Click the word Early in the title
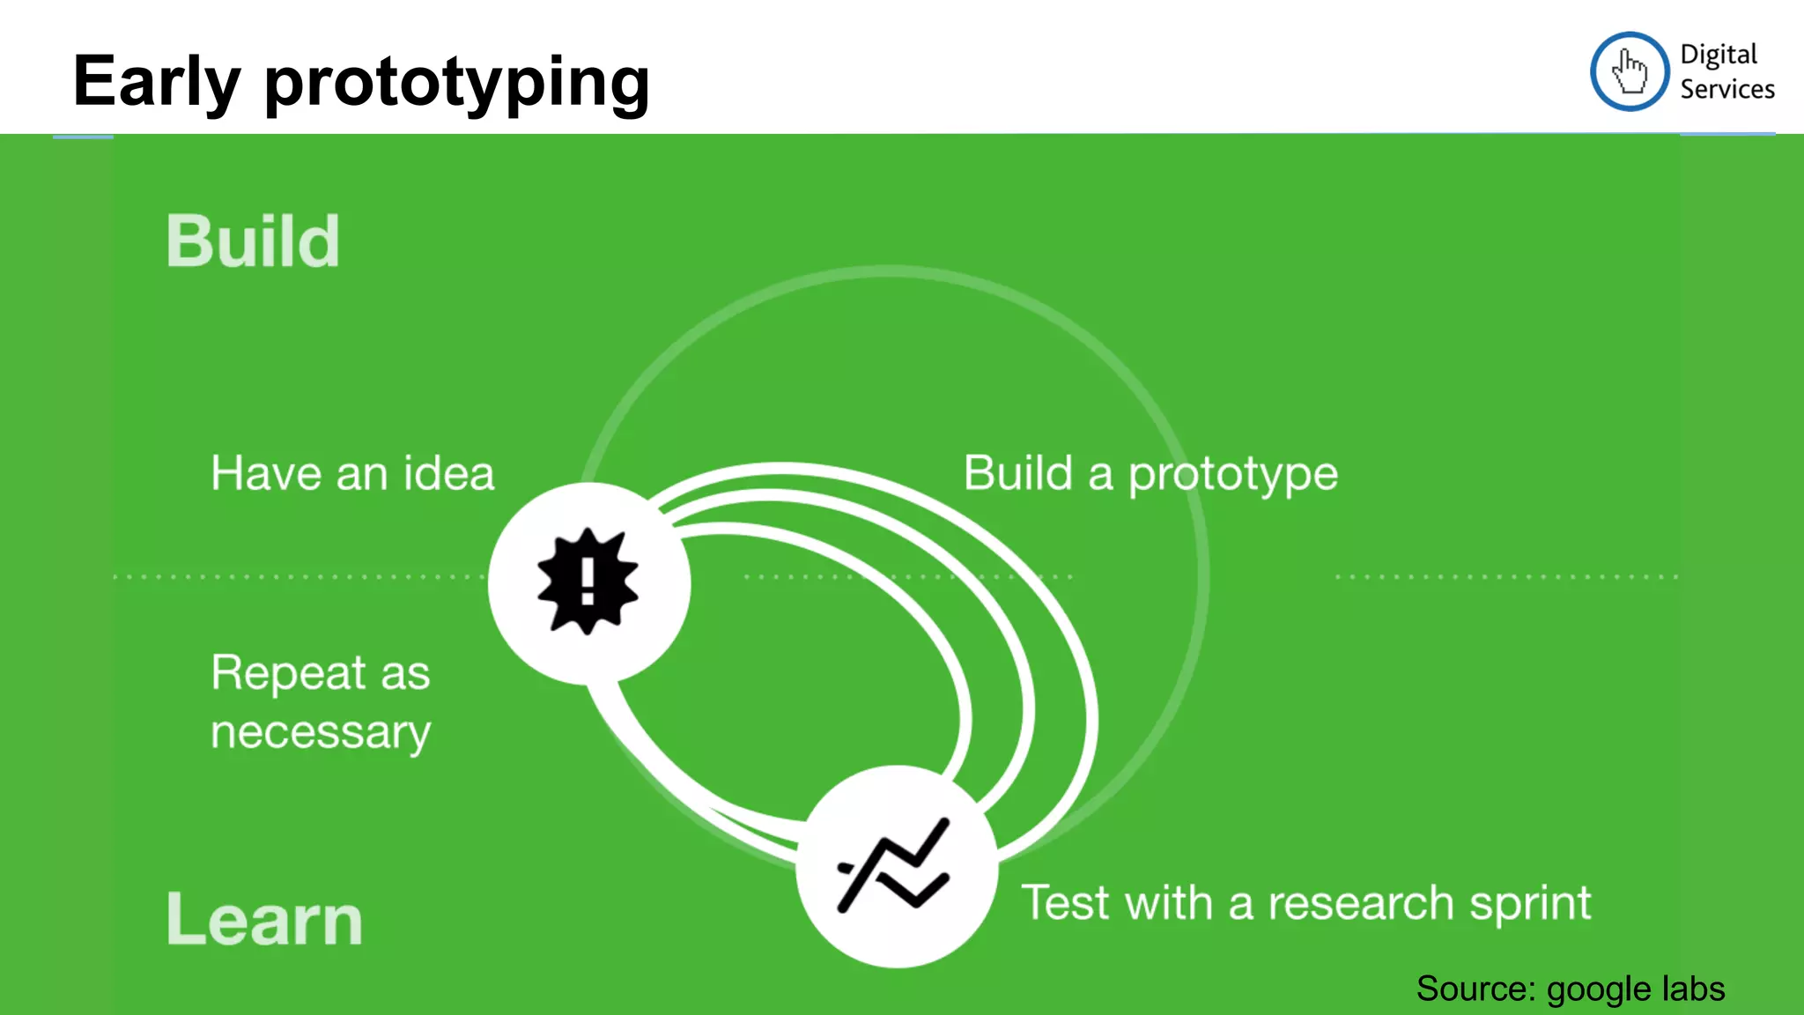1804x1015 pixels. pyautogui.click(x=156, y=82)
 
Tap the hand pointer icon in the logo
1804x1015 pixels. pyautogui.click(x=1630, y=71)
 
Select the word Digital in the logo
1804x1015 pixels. pyautogui.click(x=1718, y=56)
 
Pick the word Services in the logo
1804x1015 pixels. pyautogui.click(x=1726, y=89)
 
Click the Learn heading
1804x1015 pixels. pyautogui.click(x=264, y=919)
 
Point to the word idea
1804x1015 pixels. pyautogui.click(x=449, y=473)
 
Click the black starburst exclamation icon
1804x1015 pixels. pyautogui.click(x=588, y=582)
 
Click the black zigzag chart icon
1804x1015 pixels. pyautogui.click(x=894, y=865)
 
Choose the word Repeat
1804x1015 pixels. pyautogui.click(x=287, y=674)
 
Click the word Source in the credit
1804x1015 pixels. pyautogui.click(x=1475, y=989)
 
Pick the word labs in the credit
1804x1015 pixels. pyautogui.click(x=1692, y=989)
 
